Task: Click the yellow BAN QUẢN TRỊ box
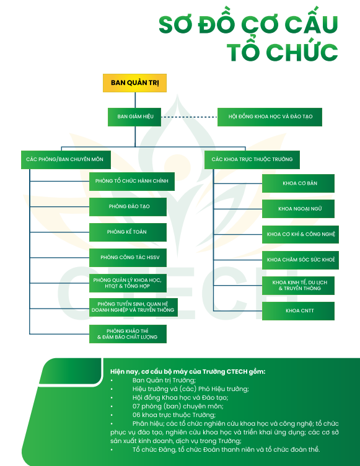[x=134, y=83]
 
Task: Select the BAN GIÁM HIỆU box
[x=134, y=116]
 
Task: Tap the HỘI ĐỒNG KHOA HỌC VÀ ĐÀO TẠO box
[x=270, y=116]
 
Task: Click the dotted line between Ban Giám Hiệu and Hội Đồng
[x=189, y=116]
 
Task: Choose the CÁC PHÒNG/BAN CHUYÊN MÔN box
[x=66, y=160]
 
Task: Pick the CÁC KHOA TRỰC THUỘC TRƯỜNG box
[x=252, y=160]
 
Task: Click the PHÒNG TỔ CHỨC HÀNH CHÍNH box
[x=132, y=182]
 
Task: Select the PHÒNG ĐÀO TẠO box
[x=128, y=207]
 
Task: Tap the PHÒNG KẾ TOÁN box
[x=128, y=232]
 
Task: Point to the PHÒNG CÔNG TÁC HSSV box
[x=128, y=258]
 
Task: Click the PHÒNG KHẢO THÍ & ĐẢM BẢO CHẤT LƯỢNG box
[x=128, y=334]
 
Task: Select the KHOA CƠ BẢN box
[x=298, y=183]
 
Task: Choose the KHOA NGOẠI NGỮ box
[x=298, y=209]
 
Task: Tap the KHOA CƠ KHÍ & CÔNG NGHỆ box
[x=301, y=234]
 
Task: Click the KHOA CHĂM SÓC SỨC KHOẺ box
[x=301, y=260]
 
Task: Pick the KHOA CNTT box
[x=298, y=311]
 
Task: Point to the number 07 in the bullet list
[x=136, y=407]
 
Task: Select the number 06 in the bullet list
[x=136, y=415]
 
